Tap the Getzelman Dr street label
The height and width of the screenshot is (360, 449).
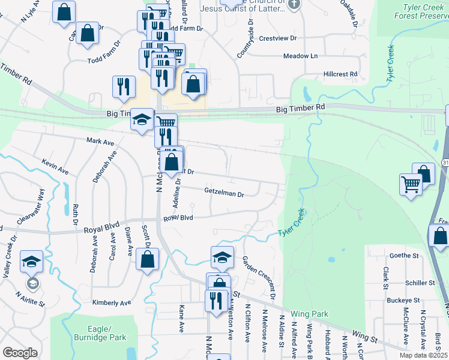pyautogui.click(x=224, y=194)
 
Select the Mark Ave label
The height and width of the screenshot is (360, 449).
pyautogui.click(x=100, y=142)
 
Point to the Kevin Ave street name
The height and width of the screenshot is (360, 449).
pyautogui.click(x=55, y=167)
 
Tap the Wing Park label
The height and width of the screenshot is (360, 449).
pyautogui.click(x=310, y=314)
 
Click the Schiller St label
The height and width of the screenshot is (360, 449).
pyautogui.click(x=420, y=283)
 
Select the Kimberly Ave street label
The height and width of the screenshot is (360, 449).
pyautogui.click(x=112, y=303)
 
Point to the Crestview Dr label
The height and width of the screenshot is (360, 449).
pyautogui.click(x=278, y=38)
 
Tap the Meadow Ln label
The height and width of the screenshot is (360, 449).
pyautogui.click(x=301, y=56)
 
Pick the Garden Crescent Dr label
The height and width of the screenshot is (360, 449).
pyautogui.click(x=258, y=278)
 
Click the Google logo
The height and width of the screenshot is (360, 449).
pyautogui.click(x=20, y=352)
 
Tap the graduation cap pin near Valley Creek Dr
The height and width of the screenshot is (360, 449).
pyautogui.click(x=31, y=262)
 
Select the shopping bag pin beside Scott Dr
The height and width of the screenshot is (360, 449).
pyautogui.click(x=148, y=260)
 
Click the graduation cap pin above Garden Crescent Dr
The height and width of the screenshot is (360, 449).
pyautogui.click(x=222, y=257)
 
